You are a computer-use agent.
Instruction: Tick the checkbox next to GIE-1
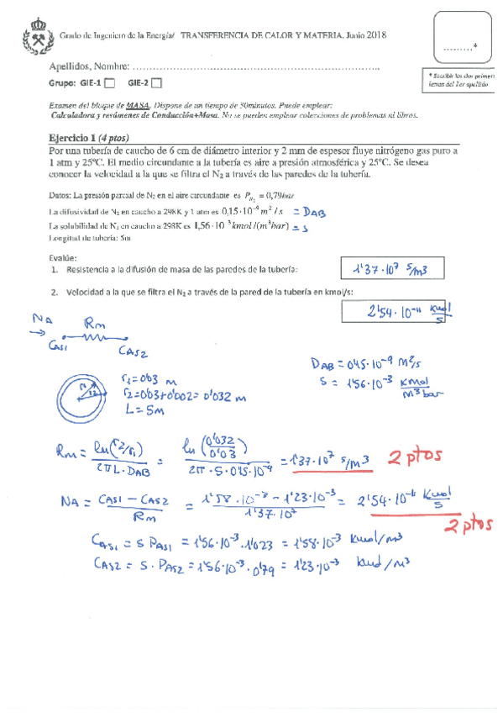[x=109, y=82]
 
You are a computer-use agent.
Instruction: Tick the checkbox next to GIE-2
[x=158, y=82]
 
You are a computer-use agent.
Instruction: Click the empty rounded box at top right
[x=458, y=40]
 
